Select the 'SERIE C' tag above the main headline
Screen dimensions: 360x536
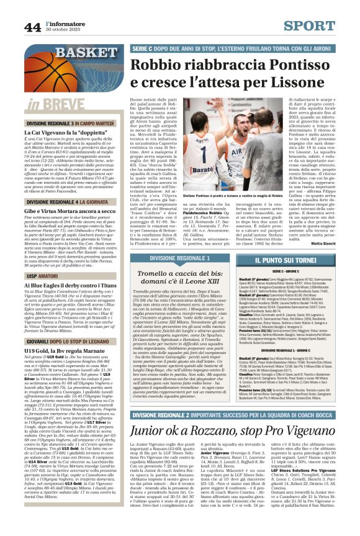[x=143, y=48]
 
